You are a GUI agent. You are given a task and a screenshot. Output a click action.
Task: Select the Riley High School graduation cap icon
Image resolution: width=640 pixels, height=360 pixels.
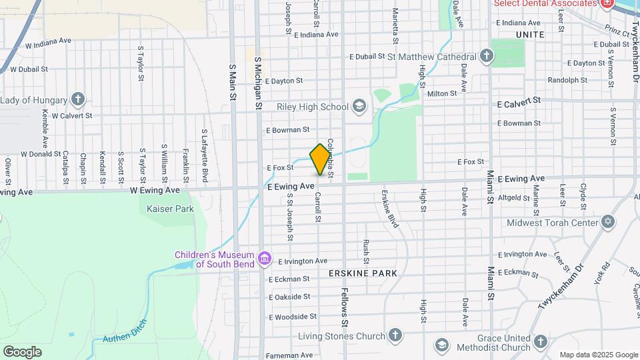coord(359,106)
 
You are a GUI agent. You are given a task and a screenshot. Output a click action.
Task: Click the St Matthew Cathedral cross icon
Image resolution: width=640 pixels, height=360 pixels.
coord(487,57)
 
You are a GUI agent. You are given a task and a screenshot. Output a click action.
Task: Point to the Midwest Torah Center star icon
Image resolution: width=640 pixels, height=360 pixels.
coord(607,222)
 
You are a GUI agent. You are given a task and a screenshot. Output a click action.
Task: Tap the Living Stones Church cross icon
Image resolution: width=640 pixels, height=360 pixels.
coord(395,335)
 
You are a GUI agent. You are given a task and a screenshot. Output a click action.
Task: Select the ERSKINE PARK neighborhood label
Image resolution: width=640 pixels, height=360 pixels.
coord(363,273)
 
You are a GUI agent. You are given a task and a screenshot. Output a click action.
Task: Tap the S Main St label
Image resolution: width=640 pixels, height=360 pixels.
coord(233,82)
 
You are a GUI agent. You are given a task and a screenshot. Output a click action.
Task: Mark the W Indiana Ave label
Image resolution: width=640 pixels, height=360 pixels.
coord(48,43)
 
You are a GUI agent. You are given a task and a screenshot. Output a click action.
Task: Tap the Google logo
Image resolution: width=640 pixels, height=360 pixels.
coord(22,351)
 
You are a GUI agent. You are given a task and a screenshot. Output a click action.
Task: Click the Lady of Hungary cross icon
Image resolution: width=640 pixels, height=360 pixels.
coord(78,100)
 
